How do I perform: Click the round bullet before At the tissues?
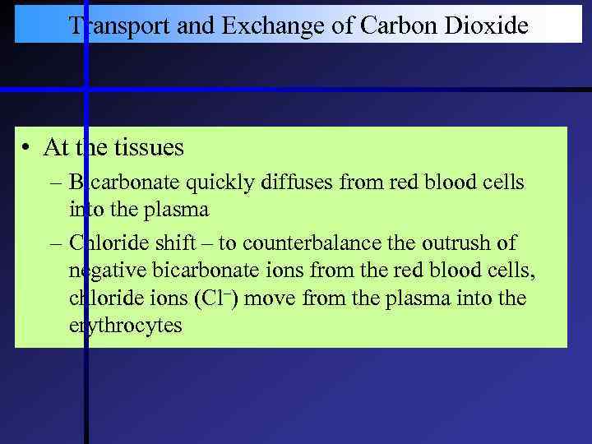[27, 149]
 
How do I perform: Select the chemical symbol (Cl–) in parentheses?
[215, 298]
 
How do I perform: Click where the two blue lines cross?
[86, 89]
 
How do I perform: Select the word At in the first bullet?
[56, 148]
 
